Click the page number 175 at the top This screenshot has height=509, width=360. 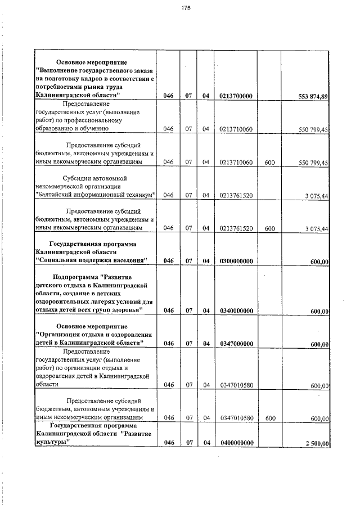point(186,7)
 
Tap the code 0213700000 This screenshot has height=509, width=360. point(236,96)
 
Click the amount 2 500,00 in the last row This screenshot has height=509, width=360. point(317,443)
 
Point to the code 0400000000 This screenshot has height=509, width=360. point(236,443)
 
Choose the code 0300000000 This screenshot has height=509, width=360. point(236,260)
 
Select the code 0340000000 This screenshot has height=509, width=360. point(236,310)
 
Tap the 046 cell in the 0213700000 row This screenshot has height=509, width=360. point(168,96)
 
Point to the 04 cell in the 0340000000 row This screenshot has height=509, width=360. point(206,310)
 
